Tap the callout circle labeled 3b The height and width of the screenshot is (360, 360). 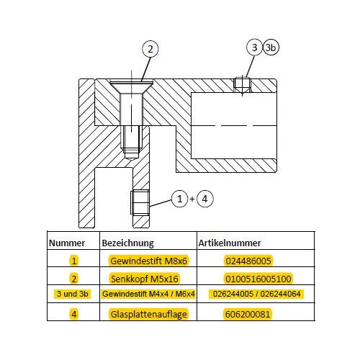(x=271, y=48)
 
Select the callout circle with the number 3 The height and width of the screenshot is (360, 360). (x=254, y=48)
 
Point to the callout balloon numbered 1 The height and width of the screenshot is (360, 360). (x=179, y=199)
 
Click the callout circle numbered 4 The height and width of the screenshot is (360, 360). (x=204, y=199)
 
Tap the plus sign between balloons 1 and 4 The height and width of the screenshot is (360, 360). (x=192, y=199)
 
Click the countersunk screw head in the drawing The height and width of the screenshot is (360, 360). (x=131, y=87)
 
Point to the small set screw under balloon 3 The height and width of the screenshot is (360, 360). (x=242, y=85)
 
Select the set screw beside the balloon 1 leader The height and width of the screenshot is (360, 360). (x=140, y=202)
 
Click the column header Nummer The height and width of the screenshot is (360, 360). (x=67, y=243)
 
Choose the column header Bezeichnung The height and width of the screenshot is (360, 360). (x=127, y=243)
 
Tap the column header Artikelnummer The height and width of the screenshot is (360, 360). (x=230, y=243)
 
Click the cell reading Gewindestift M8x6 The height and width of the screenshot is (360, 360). (x=148, y=261)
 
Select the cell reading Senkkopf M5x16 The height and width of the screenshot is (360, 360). (x=145, y=279)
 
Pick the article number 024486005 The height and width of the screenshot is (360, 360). (x=248, y=261)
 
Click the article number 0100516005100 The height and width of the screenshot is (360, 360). (x=258, y=279)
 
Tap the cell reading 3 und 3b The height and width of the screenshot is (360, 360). (x=73, y=294)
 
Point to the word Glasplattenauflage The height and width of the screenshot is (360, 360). (x=149, y=314)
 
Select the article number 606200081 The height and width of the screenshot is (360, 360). (x=248, y=314)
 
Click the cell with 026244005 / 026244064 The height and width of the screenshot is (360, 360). (x=256, y=294)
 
